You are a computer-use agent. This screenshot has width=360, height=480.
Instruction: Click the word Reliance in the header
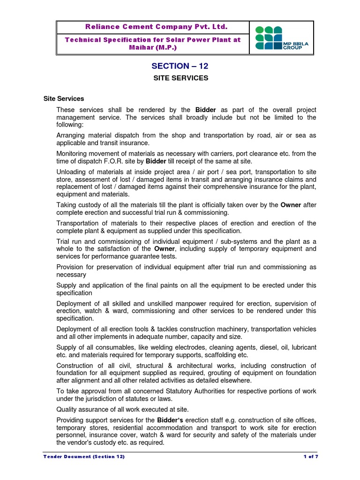click(97, 27)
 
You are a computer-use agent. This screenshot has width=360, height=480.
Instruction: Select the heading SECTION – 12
click(180, 67)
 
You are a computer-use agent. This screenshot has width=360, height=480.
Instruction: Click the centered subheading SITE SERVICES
click(180, 78)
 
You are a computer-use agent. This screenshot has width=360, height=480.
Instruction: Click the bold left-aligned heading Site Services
click(64, 99)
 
